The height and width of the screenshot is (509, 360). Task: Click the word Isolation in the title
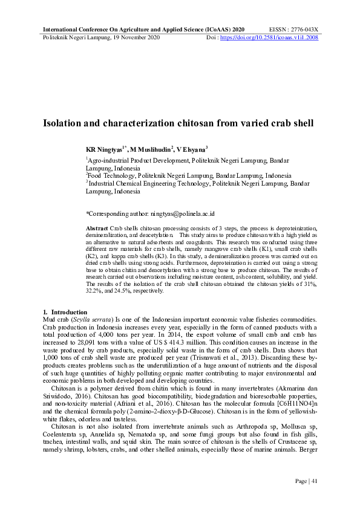64,123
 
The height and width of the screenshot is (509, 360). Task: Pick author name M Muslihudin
151,149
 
